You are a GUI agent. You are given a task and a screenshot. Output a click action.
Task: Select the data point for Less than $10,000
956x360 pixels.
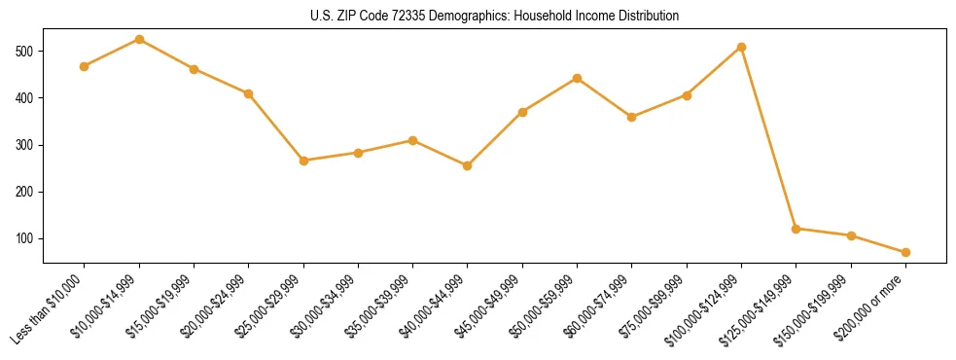coord(85,66)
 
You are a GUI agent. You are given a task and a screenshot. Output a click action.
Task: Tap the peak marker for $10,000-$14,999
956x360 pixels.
coord(139,39)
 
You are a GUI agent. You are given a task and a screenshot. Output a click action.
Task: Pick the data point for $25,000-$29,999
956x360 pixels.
coord(303,161)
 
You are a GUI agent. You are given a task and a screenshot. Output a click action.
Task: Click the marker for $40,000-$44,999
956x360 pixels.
coord(468,165)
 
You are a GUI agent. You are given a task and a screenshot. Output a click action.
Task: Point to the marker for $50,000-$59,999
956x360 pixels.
coord(577,78)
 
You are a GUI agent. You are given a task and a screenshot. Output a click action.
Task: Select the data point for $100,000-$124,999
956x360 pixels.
coord(741,47)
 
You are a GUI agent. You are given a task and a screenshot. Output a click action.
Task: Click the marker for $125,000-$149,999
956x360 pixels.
coord(797,229)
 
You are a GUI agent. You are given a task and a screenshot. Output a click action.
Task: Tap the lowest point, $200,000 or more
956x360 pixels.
coord(905,252)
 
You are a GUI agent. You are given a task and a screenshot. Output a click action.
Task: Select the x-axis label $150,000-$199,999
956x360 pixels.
coord(817,305)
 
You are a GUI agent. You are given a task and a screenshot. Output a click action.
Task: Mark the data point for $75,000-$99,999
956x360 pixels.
coord(687,95)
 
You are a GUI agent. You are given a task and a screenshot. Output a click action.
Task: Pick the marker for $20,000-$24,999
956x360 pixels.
coord(249,93)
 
